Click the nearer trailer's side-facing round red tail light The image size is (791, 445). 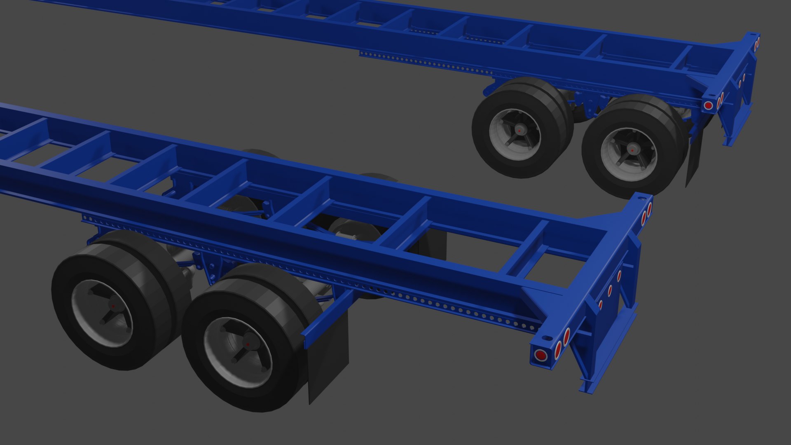click(x=539, y=355)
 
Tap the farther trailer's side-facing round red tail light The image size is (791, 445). click(x=708, y=105)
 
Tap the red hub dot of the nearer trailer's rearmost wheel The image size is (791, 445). click(x=247, y=344)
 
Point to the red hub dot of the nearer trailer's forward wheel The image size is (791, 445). click(x=113, y=306)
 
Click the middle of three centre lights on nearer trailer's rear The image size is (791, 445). click(x=610, y=290)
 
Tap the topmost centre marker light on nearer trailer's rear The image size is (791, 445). click(x=619, y=276)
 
